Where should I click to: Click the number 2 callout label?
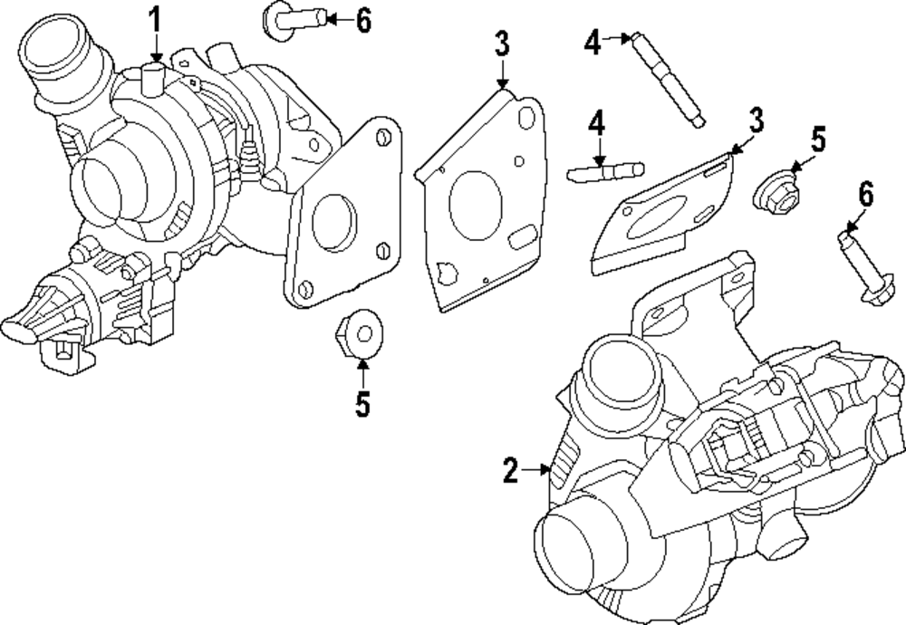coord(510,470)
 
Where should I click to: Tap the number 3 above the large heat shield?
coord(502,44)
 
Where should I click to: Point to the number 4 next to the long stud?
coord(592,41)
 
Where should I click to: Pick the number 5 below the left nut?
coord(362,405)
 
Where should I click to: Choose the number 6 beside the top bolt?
coord(362,20)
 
